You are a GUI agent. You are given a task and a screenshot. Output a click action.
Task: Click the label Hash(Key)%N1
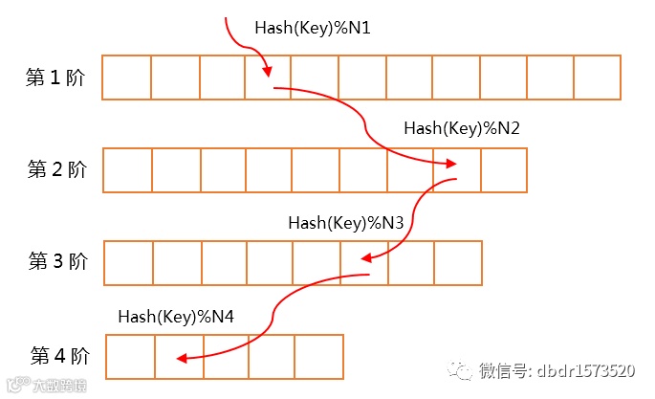pos(312,29)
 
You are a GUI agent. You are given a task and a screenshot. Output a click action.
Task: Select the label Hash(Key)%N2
pos(462,127)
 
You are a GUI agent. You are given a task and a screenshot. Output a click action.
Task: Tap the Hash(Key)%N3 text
pos(346,222)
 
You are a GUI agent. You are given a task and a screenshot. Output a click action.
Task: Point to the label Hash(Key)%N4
pos(176,316)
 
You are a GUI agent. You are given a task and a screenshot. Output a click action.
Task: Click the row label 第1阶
pos(56,78)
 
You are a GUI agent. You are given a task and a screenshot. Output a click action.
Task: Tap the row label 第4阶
pos(59,356)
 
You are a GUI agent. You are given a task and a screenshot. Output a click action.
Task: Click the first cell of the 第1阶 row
pos(126,78)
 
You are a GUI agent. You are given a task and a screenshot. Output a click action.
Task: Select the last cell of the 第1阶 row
pos(597,78)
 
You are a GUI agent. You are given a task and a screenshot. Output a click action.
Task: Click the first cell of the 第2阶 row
pos(127,170)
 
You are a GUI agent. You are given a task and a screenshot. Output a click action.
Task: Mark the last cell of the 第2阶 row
pos(504,170)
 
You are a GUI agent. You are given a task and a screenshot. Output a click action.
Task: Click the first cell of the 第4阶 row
pos(130,356)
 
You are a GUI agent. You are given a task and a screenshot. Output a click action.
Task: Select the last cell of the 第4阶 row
pos(318,356)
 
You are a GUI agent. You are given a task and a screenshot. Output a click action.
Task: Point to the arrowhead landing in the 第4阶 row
pos(180,359)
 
